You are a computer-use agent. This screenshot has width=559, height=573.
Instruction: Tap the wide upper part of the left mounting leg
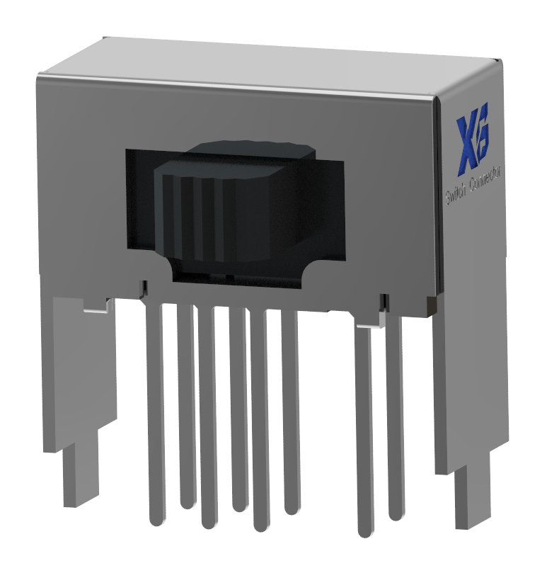(81, 368)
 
